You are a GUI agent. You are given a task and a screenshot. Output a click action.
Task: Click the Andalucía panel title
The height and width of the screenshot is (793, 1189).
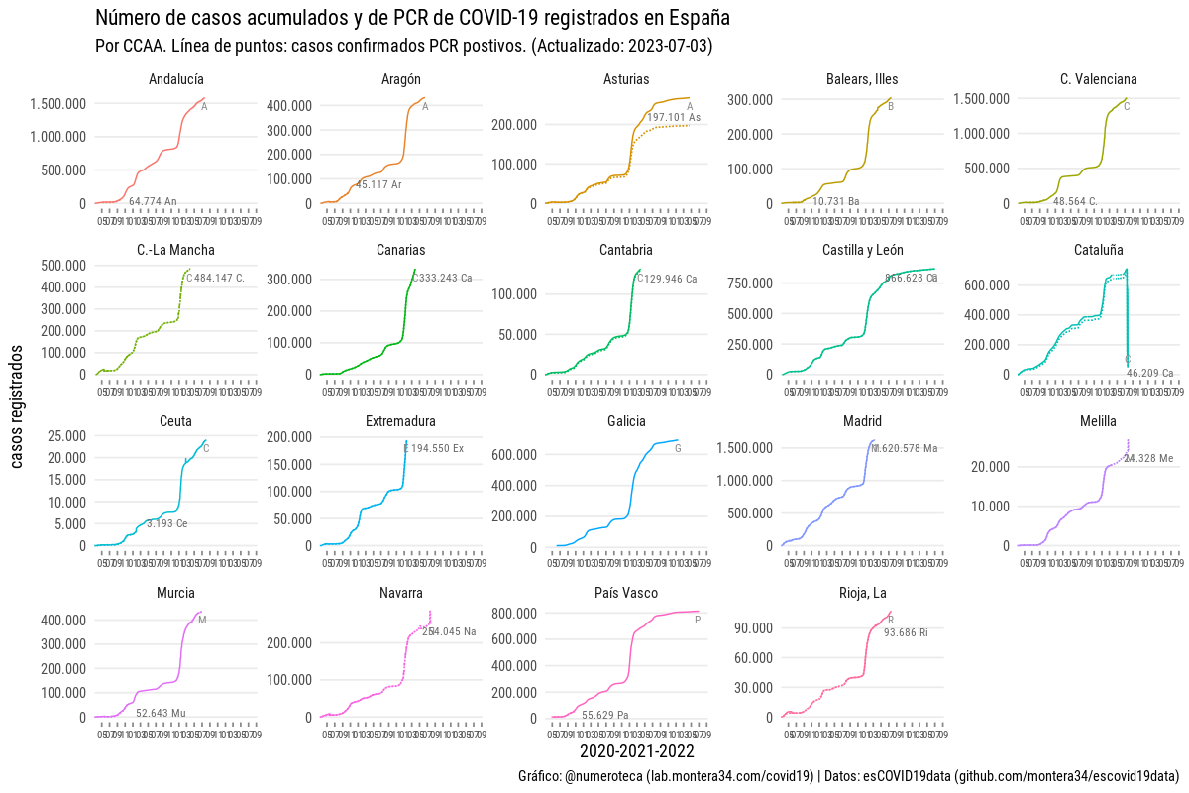[176, 79]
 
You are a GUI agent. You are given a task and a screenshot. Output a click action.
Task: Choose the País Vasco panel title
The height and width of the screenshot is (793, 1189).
[626, 593]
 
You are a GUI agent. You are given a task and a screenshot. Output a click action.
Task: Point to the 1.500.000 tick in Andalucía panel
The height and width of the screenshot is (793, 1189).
[58, 104]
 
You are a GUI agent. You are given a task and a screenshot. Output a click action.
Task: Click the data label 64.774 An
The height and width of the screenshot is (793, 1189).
[153, 202]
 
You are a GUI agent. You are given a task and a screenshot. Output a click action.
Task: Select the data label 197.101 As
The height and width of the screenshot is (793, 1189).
[674, 117]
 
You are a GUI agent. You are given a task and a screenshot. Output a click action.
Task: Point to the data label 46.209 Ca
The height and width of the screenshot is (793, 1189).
[1149, 374]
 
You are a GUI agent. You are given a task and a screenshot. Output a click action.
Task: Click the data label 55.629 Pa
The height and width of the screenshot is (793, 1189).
[604, 715]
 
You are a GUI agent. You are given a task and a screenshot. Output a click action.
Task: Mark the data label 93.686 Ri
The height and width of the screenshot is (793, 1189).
[906, 632]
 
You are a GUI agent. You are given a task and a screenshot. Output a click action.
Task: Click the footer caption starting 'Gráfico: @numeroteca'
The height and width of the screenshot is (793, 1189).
[848, 775]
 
